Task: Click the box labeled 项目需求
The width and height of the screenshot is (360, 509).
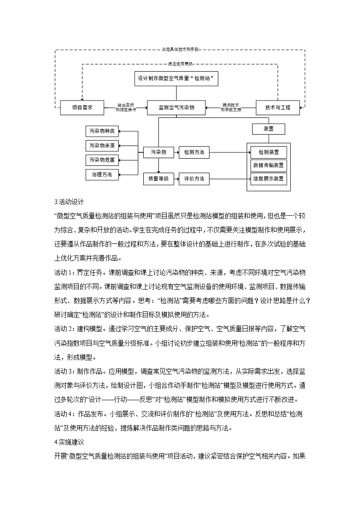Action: click(x=82, y=107)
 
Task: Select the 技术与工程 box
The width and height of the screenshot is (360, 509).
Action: click(x=277, y=107)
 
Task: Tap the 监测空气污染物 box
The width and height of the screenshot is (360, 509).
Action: click(x=176, y=107)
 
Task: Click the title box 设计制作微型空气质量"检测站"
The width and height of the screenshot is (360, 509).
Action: click(x=176, y=78)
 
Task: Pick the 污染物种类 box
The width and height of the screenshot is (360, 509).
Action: click(x=102, y=131)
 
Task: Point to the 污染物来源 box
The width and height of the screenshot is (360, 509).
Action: click(x=102, y=145)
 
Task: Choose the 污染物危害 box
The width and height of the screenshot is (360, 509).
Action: click(x=102, y=160)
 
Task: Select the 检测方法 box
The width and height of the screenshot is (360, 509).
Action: click(x=194, y=152)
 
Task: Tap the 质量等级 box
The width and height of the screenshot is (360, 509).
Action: click(x=158, y=179)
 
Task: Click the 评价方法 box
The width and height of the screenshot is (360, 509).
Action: click(x=194, y=179)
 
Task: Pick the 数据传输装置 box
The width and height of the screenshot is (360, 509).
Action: click(x=269, y=165)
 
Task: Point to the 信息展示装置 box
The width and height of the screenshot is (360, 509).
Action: click(x=269, y=179)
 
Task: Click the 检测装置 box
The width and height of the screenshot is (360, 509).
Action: click(x=269, y=151)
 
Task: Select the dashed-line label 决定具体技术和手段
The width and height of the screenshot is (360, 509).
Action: click(x=180, y=49)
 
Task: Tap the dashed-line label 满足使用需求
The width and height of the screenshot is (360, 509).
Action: click(x=180, y=65)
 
